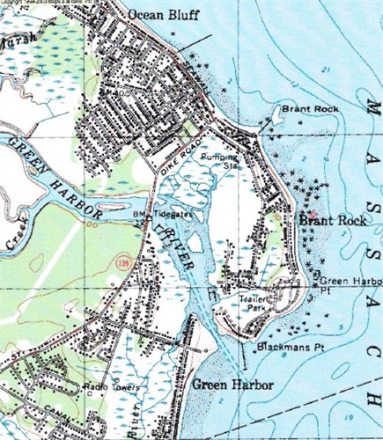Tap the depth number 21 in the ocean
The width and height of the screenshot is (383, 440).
point(325,70)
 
